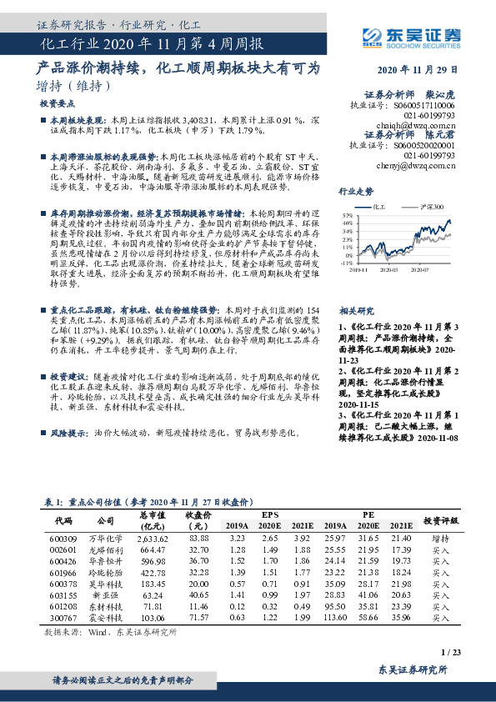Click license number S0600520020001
[425, 144]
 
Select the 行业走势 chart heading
[355, 191]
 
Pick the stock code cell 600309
[63, 539]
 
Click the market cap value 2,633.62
[153, 539]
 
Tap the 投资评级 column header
[441, 519]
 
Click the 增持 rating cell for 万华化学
[441, 539]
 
